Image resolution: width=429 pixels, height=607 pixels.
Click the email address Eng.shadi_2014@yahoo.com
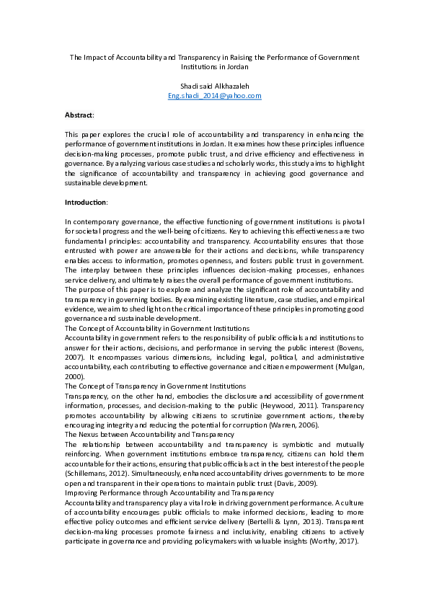click(214, 95)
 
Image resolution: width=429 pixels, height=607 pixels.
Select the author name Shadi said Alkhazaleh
click(214, 86)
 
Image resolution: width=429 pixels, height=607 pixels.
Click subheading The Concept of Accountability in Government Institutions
click(157, 328)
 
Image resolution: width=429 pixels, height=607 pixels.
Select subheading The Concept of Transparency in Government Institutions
click(155, 386)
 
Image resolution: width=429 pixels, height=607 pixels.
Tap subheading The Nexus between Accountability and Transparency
click(149, 435)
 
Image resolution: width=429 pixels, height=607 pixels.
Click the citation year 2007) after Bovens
click(76, 347)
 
